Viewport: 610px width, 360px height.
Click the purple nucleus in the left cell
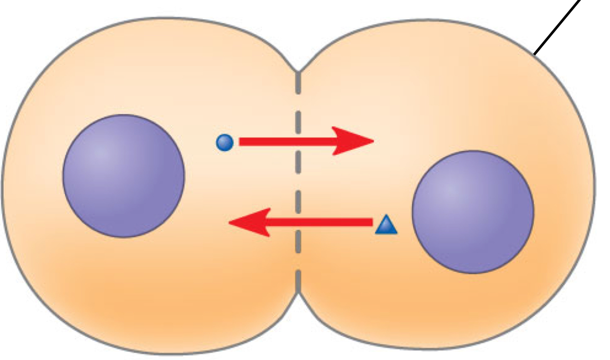123,176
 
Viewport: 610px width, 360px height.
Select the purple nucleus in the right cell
473,212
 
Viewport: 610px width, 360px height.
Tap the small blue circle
225,142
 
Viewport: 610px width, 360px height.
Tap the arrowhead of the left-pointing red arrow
247,222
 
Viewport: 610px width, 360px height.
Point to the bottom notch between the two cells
298,293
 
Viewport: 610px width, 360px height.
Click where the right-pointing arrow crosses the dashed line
298,141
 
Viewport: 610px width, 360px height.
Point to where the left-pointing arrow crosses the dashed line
298,222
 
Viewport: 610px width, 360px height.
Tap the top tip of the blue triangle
386,216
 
